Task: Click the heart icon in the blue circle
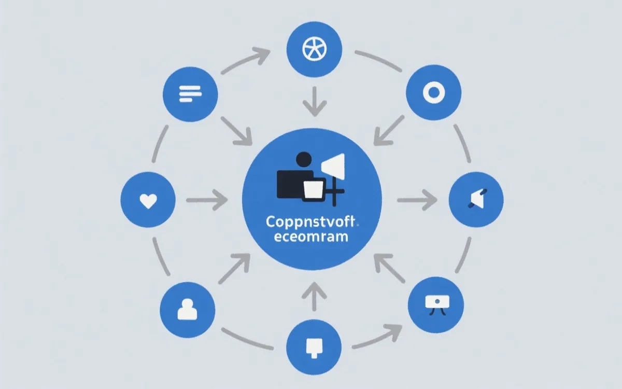[x=148, y=200]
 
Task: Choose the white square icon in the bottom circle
[x=314, y=346]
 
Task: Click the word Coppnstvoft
[x=309, y=223]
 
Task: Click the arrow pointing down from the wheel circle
[x=315, y=101]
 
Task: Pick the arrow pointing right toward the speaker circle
[x=418, y=200]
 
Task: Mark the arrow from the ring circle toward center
[x=389, y=130]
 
